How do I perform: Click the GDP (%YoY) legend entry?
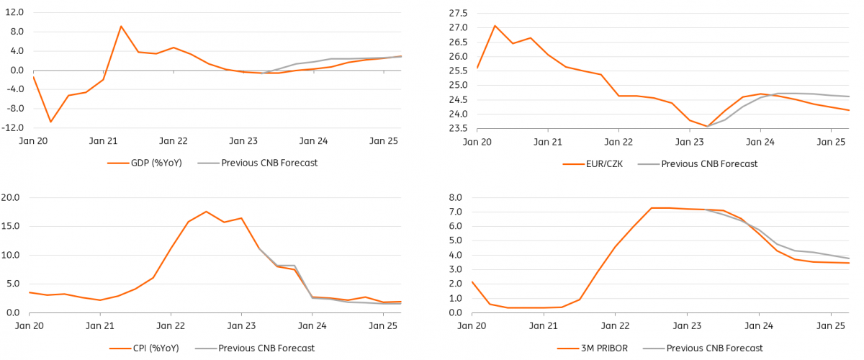click(x=145, y=163)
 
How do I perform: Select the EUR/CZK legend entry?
click(x=593, y=164)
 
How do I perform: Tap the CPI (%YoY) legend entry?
click(x=144, y=348)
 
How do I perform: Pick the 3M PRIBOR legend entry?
click(x=593, y=348)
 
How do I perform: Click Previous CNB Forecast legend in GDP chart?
click(x=258, y=163)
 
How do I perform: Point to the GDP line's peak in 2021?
click(x=121, y=26)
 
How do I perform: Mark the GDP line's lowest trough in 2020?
click(x=50, y=122)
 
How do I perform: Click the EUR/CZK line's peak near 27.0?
click(x=495, y=26)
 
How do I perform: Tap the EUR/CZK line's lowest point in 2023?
click(x=707, y=126)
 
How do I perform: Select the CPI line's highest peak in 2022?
click(x=207, y=212)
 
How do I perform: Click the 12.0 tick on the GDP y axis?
click(x=14, y=12)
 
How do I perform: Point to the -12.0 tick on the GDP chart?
click(x=12, y=127)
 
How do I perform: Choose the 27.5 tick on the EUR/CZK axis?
click(x=458, y=14)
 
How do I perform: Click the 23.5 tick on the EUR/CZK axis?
click(x=458, y=128)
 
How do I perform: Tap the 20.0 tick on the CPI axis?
click(x=10, y=197)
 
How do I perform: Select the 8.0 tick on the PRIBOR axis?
click(x=455, y=197)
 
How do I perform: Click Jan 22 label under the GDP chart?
click(x=174, y=141)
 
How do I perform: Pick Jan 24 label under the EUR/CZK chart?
click(x=760, y=142)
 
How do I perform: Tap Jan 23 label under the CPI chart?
click(x=241, y=326)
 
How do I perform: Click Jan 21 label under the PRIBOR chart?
click(x=543, y=326)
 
